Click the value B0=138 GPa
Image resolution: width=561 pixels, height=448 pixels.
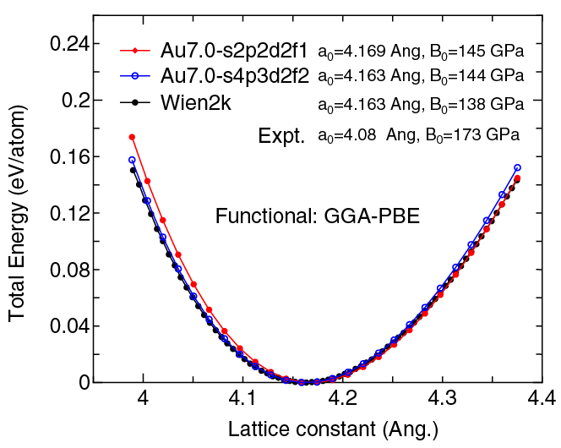[477, 105]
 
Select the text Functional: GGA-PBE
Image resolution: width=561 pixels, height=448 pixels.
[318, 216]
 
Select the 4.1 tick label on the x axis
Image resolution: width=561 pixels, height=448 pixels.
[243, 397]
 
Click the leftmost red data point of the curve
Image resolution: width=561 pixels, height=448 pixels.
[133, 137]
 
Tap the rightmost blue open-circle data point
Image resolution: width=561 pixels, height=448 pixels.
[517, 167]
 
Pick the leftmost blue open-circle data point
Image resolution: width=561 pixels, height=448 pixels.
[133, 160]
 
